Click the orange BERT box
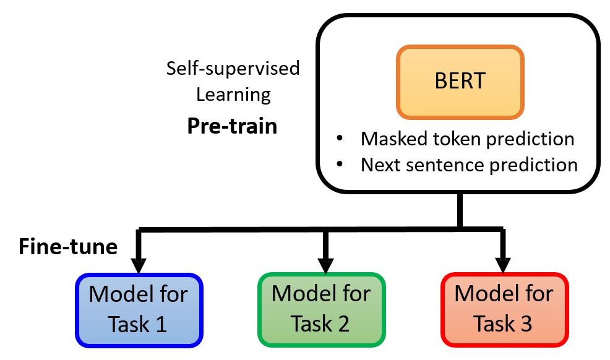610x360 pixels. click(460, 82)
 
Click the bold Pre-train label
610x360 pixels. click(232, 127)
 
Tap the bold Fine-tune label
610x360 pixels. click(68, 247)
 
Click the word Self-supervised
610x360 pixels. click(233, 68)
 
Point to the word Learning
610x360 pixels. click(233, 95)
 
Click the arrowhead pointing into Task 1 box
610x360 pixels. click(139, 265)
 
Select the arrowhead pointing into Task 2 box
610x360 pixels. click(322, 265)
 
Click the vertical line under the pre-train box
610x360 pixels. click(459, 210)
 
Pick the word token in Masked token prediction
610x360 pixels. click(452, 139)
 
